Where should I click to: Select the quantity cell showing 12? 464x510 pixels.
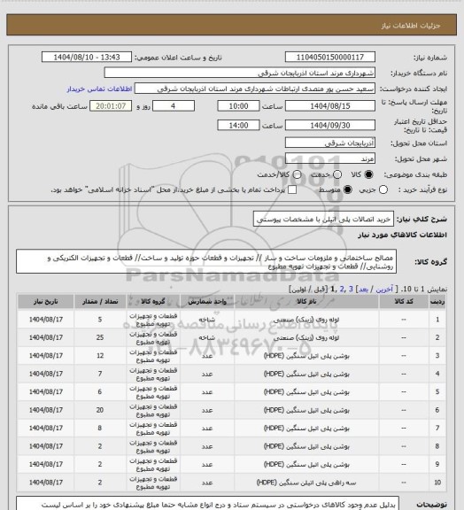click(x=100, y=356)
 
